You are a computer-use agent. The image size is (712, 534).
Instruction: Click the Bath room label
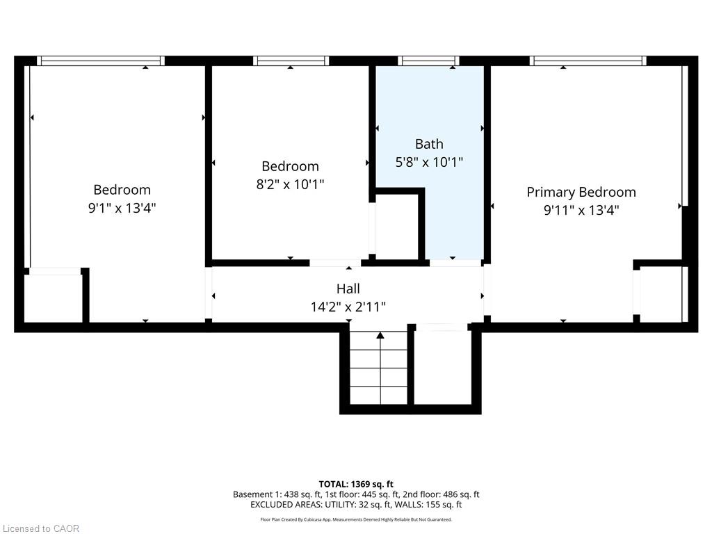coord(429,144)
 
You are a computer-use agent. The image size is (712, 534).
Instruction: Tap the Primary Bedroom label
coord(581,192)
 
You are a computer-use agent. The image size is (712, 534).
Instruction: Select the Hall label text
coord(348,289)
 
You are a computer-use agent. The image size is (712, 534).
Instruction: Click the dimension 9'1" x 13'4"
coord(122,208)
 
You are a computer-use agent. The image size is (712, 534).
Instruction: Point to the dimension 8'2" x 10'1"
coord(290,184)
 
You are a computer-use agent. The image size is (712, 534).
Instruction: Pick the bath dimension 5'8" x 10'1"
coord(429,162)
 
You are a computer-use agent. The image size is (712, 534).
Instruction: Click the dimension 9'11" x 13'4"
coord(581,210)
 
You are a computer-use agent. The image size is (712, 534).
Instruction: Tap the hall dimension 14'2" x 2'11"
coord(348,307)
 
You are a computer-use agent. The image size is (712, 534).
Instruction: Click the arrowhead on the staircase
coord(380,336)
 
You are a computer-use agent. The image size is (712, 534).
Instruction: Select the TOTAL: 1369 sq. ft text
coord(356,484)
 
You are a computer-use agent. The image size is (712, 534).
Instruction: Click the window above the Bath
coord(428,61)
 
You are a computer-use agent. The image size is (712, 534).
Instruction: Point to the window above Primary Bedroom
coord(588,61)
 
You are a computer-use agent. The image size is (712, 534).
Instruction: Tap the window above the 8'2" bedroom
coord(291,61)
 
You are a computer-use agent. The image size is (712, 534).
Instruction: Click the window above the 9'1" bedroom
coord(101,61)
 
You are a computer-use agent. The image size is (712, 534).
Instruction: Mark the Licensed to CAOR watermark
coord(41,528)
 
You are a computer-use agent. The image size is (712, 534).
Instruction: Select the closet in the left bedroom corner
coord(53,298)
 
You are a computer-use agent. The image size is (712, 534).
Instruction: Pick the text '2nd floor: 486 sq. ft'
coord(441,494)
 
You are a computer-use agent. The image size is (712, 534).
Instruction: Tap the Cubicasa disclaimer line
coord(356,519)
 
